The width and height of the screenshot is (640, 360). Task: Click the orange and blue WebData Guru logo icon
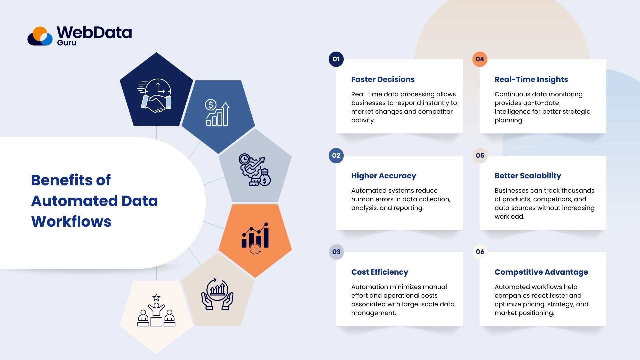(x=40, y=36)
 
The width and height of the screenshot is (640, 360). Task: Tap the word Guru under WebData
(x=67, y=43)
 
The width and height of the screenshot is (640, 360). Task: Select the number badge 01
(x=336, y=59)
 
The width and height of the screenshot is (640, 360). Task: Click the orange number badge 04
(x=480, y=59)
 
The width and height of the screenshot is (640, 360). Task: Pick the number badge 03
(x=336, y=252)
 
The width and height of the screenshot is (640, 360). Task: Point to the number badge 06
(x=480, y=252)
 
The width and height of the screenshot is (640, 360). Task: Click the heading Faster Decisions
(x=383, y=79)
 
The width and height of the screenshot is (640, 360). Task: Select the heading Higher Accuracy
(x=383, y=176)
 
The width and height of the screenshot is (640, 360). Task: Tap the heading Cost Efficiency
(x=379, y=272)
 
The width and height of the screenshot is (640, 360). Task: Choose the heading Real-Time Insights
(x=531, y=79)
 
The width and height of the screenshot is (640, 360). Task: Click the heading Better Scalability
(x=528, y=176)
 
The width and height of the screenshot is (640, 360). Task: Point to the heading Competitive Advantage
(x=541, y=272)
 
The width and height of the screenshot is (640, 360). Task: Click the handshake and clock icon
(x=155, y=95)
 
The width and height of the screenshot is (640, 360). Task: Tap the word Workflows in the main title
(x=71, y=222)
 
